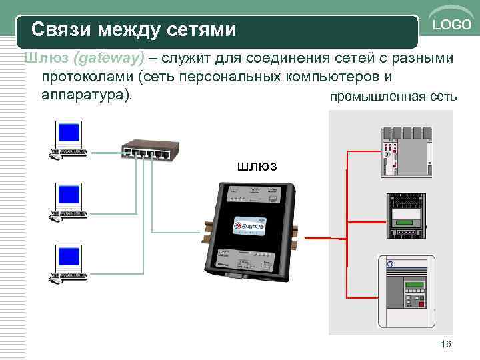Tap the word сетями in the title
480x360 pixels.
(x=203, y=29)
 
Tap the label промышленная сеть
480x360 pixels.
(x=393, y=97)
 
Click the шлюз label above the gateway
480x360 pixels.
(x=257, y=165)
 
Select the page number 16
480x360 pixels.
(x=446, y=343)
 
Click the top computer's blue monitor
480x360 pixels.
(x=69, y=134)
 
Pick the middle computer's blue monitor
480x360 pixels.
(x=69, y=195)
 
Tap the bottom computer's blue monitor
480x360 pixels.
(x=69, y=257)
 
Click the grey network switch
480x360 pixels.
(x=145, y=151)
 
